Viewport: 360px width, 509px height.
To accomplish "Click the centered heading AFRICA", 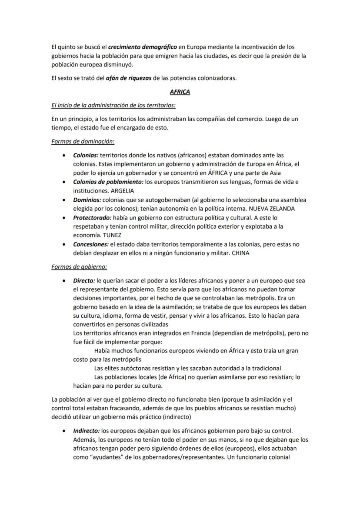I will point(180,92).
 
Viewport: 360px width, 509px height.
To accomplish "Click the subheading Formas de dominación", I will point(83,141).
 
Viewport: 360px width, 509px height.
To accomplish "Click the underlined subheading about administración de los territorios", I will point(113,105).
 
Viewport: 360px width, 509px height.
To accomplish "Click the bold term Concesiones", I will point(90,244).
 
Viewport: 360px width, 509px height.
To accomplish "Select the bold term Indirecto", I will point(86,431).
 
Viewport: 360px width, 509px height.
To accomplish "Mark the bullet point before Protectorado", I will point(64,218).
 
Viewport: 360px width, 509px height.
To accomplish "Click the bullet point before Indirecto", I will point(64,431).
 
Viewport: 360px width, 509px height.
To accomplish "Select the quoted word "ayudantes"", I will point(100,457).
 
